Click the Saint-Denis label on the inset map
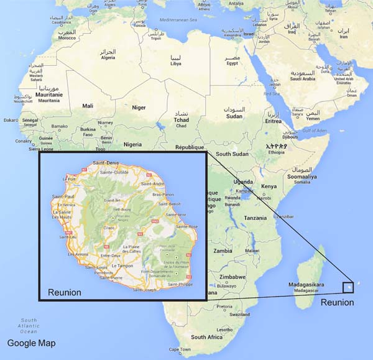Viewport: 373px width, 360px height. pyautogui.click(x=106, y=163)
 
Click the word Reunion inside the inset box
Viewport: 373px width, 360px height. pyautogui.click(x=65, y=292)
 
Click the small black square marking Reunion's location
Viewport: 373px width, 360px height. pyautogui.click(x=348, y=287)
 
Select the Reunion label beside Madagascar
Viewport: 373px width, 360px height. pyautogui.click(x=337, y=302)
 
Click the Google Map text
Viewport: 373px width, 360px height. pyautogui.click(x=31, y=343)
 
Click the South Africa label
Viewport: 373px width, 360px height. pyautogui.click(x=206, y=336)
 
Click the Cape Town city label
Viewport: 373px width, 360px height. pyautogui.click(x=180, y=350)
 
